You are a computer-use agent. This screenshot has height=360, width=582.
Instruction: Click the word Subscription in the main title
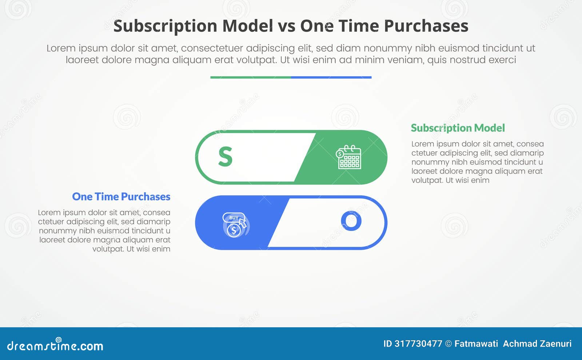pyautogui.click(x=166, y=26)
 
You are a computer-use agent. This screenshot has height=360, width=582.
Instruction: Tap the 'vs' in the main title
pyautogui.click(x=286, y=26)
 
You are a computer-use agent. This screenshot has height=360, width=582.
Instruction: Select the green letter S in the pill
pyautogui.click(x=225, y=157)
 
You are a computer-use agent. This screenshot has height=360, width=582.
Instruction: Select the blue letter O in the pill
pyautogui.click(x=351, y=221)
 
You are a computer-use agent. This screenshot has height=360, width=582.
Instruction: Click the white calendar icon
pyautogui.click(x=348, y=157)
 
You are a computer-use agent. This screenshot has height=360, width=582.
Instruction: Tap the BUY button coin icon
pyautogui.click(x=235, y=225)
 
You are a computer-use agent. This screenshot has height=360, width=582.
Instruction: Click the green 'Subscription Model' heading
pyautogui.click(x=458, y=128)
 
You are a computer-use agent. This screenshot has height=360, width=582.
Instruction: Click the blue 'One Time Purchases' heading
pyautogui.click(x=121, y=197)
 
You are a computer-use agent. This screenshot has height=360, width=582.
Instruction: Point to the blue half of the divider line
pyautogui.click(x=331, y=77)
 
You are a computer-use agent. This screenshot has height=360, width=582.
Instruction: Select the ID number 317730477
pyautogui.click(x=418, y=344)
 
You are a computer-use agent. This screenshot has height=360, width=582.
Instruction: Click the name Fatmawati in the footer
pyautogui.click(x=476, y=344)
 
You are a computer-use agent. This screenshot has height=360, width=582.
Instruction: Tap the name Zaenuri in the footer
pyautogui.click(x=555, y=344)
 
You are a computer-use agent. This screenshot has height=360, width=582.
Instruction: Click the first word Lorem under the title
pyautogui.click(x=61, y=48)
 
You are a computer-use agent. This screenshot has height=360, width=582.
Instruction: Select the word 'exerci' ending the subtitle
pyautogui.click(x=502, y=60)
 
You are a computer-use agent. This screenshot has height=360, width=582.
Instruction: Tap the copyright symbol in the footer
pyautogui.click(x=448, y=344)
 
